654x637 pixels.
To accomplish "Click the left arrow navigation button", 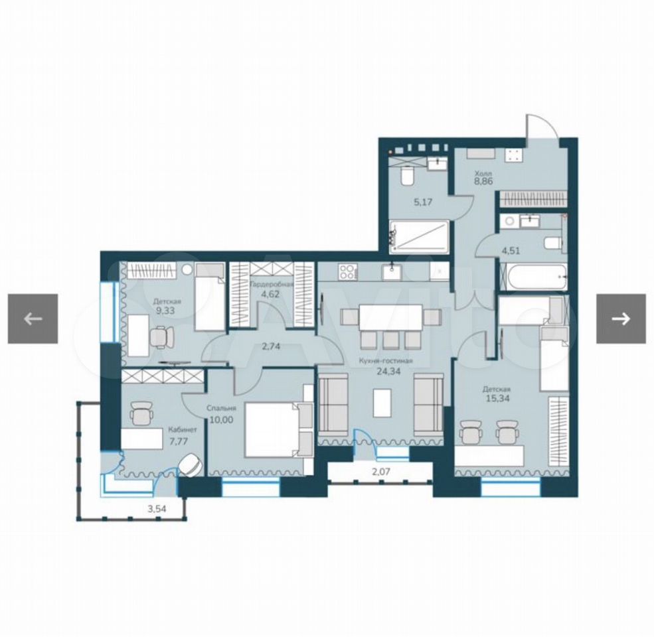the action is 33,319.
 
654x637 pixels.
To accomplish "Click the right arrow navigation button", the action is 621,319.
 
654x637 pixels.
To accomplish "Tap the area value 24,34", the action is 388,371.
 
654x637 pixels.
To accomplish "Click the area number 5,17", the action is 422,202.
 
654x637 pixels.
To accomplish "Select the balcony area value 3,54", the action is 157,508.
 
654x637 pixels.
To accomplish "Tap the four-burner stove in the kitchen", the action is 347,272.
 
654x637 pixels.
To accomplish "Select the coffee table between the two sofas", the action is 382,403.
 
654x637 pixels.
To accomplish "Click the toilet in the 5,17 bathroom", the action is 406,177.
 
